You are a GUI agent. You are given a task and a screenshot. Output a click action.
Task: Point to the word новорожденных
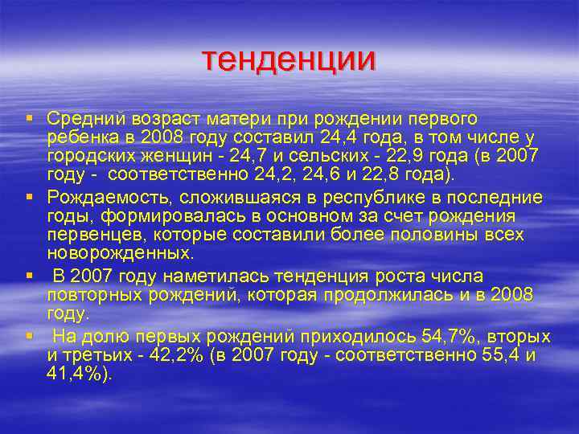point(119,253)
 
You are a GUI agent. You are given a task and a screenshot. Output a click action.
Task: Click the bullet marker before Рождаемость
point(29,197)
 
